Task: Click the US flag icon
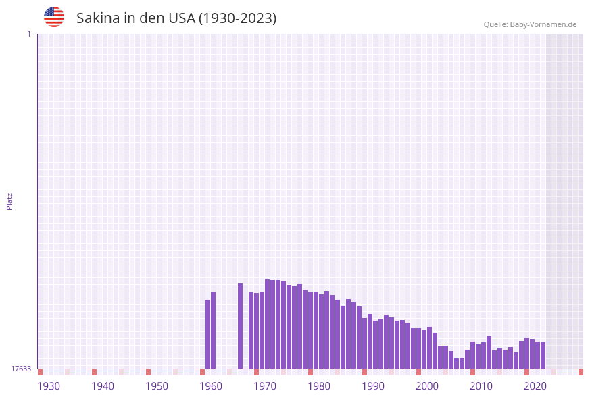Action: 54,17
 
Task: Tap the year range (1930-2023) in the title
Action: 237,18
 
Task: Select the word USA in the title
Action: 181,18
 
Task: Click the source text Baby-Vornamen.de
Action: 543,24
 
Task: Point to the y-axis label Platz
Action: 9,201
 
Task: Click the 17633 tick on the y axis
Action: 21,369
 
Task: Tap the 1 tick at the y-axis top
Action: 28,34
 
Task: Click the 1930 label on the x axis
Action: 49,386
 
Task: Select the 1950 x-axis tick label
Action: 157,386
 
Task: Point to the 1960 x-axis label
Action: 211,386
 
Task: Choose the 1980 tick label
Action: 319,386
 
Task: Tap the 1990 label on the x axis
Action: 373,386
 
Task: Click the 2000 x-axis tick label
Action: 427,386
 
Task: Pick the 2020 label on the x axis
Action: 535,386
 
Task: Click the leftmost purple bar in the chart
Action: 208,334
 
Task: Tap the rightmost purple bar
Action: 543,355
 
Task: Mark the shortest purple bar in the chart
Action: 457,363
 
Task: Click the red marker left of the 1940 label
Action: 94,372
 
